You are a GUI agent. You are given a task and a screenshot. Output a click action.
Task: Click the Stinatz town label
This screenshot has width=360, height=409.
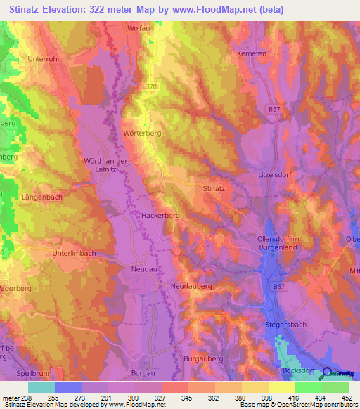(x=213, y=189)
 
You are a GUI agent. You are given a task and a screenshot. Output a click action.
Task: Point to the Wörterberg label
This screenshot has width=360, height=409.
(x=143, y=134)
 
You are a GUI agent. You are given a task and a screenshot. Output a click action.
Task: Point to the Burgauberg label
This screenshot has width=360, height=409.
(x=203, y=358)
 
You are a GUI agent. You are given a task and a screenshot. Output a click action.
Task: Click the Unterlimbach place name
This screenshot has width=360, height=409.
(x=75, y=252)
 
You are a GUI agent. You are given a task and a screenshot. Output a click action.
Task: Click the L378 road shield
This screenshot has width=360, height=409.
(x=149, y=86)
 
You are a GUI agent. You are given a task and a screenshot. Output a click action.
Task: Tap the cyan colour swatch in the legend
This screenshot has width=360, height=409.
(x=41, y=387)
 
